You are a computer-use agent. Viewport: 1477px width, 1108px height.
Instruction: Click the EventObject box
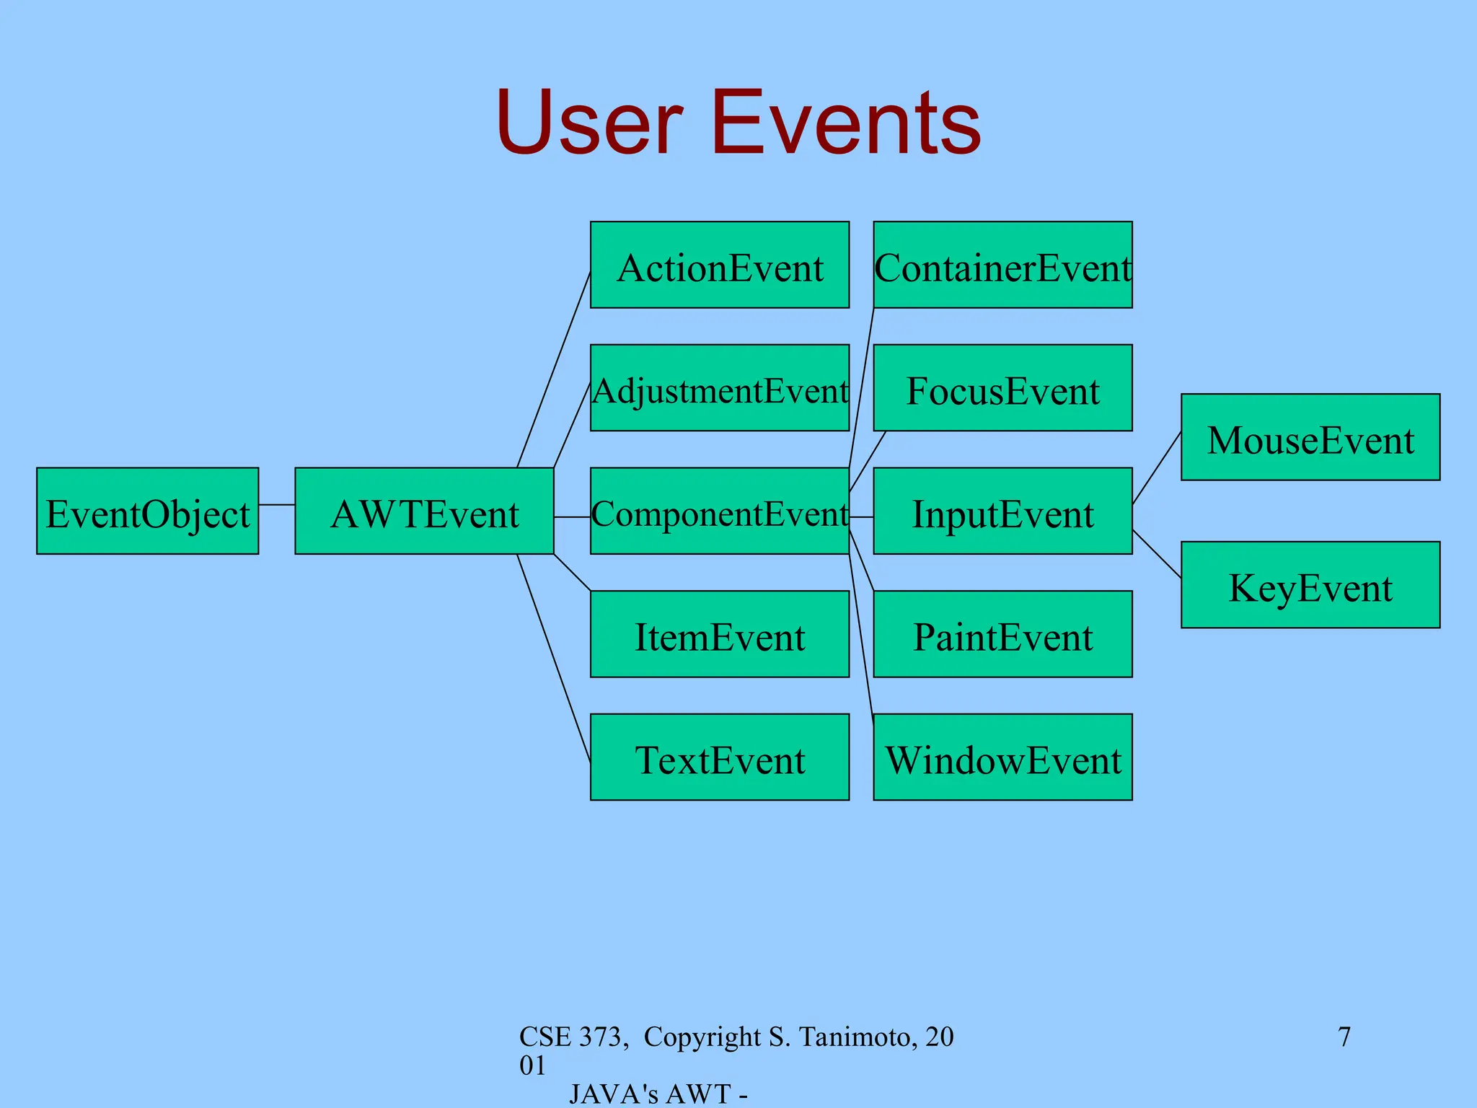(x=147, y=511)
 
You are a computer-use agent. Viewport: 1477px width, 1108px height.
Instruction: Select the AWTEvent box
(x=424, y=511)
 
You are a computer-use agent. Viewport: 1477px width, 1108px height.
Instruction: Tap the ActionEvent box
(x=719, y=265)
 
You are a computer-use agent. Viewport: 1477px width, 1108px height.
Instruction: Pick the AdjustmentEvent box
(x=719, y=388)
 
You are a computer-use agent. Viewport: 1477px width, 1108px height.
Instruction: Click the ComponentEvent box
(x=719, y=511)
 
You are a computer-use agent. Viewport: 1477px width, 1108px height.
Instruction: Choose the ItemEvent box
(x=719, y=634)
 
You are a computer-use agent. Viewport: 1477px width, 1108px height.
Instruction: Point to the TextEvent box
(x=719, y=757)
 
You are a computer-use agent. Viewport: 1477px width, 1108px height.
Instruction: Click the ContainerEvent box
(x=1002, y=265)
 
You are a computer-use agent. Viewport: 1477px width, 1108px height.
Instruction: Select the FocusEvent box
(x=1002, y=388)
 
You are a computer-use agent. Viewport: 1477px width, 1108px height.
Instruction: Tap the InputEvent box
(x=1002, y=511)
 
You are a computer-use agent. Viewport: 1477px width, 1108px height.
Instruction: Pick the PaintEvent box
(x=1002, y=634)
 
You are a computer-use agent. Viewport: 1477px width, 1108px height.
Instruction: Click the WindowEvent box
(x=1002, y=757)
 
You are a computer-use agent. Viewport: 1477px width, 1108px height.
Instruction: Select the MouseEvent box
(x=1310, y=437)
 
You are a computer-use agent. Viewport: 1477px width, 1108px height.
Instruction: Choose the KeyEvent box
(x=1310, y=585)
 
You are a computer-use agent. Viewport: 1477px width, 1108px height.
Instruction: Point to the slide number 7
(x=1344, y=1037)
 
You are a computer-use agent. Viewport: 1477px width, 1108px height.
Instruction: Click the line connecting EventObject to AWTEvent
(x=277, y=504)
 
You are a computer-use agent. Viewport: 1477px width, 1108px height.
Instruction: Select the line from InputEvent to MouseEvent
(x=1157, y=467)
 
